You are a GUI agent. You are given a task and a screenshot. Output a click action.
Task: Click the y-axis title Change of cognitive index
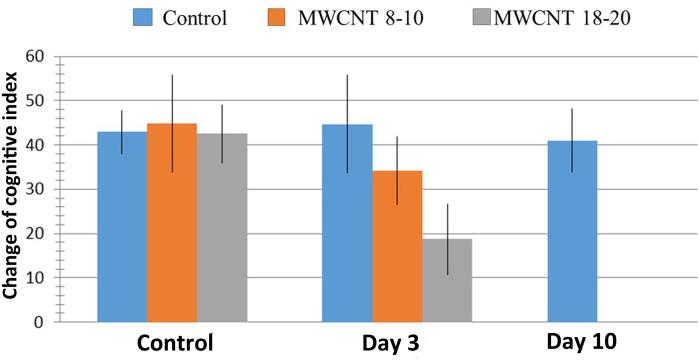(x=11, y=189)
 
